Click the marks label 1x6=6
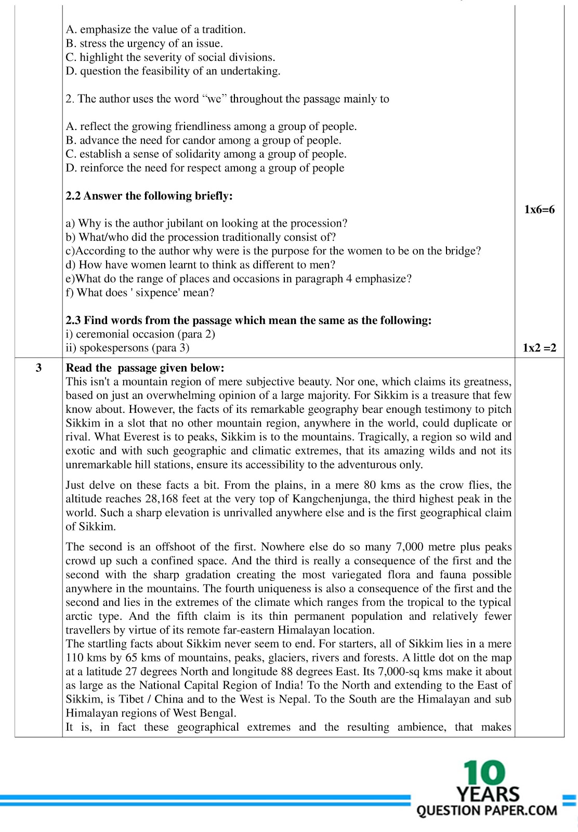click(539, 210)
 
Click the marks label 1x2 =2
click(539, 348)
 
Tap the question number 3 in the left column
click(38, 368)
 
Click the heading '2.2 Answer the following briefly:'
click(149, 196)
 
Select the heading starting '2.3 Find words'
click(248, 320)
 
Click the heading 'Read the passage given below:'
click(145, 368)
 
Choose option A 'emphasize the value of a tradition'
click(156, 30)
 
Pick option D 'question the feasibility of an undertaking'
click(173, 71)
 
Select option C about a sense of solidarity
click(206, 154)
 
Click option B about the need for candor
click(203, 140)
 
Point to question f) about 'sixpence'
click(140, 293)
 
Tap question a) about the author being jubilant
click(206, 224)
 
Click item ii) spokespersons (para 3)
click(127, 348)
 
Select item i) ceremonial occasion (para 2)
click(140, 334)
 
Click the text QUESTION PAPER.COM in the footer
click(487, 811)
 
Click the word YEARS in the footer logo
click(488, 794)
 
